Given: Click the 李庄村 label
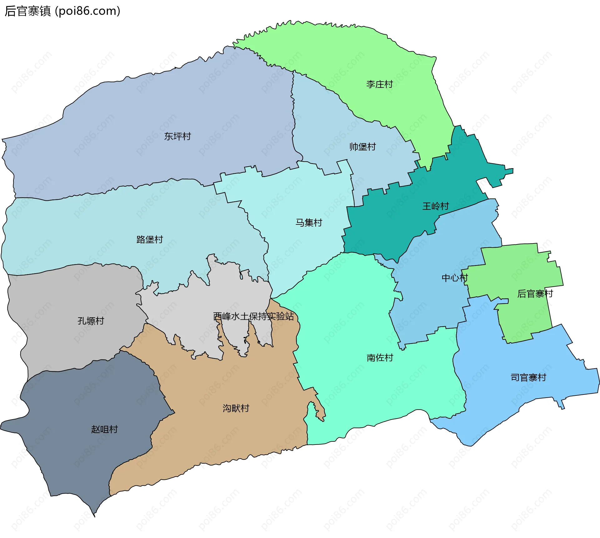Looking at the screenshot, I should pyautogui.click(x=379, y=84).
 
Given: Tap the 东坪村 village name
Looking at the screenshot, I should pyautogui.click(x=177, y=136).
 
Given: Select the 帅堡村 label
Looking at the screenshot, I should pyautogui.click(x=362, y=147).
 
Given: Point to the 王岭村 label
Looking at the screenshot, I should pyautogui.click(x=436, y=206).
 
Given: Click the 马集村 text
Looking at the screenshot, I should pyautogui.click(x=309, y=223).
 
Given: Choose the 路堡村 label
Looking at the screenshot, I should pyautogui.click(x=150, y=239).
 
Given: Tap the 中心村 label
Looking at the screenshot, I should pyautogui.click(x=454, y=278).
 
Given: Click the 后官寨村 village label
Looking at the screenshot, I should pyautogui.click(x=535, y=294).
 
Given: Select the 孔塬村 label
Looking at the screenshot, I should pyautogui.click(x=91, y=321).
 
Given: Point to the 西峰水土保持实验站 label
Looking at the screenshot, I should pyautogui.click(x=253, y=316).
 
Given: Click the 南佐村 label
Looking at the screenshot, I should pyautogui.click(x=380, y=358).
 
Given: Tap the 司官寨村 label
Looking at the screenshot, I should pyautogui.click(x=528, y=378).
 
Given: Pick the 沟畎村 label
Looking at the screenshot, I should pyautogui.click(x=236, y=408).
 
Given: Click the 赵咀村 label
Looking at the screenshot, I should pyautogui.click(x=104, y=429).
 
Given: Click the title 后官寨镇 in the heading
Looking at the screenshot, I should pyautogui.click(x=27, y=11).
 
